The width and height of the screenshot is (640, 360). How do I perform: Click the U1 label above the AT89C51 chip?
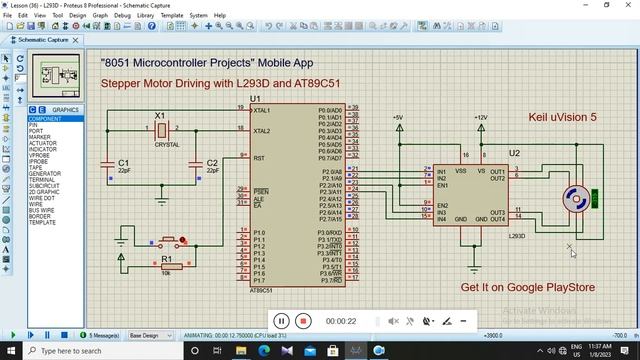[x=255, y=99]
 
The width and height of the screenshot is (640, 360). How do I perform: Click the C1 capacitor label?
[x=124, y=162]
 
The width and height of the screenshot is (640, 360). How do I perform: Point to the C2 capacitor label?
[x=211, y=162]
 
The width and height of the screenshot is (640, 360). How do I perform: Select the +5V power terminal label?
[x=399, y=118]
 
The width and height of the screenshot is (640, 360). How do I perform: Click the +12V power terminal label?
[x=481, y=118]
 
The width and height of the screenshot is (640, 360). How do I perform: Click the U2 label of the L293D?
[x=514, y=153]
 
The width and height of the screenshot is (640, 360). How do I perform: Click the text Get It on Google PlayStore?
[x=527, y=287]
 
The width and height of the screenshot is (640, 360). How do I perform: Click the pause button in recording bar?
[x=281, y=321]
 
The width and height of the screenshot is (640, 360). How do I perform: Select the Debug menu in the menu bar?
[x=122, y=16]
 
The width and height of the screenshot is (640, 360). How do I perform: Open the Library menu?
[x=146, y=16]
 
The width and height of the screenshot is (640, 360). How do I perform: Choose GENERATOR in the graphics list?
[x=46, y=174]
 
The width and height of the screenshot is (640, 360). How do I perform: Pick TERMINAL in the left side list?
[x=44, y=180]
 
